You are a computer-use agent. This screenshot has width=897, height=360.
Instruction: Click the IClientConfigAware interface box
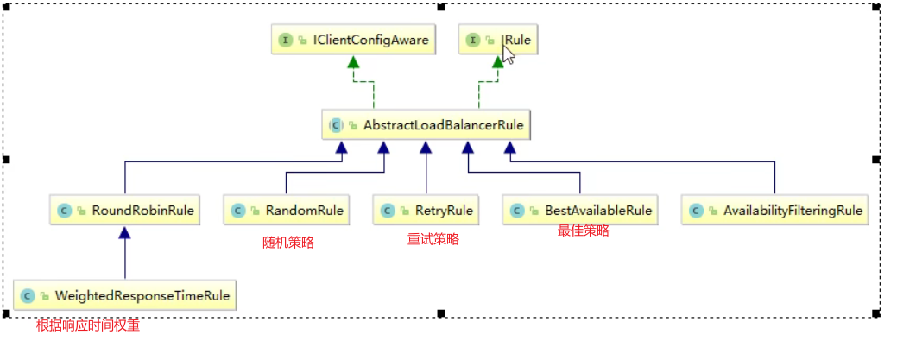click(x=352, y=40)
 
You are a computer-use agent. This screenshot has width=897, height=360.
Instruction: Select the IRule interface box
click(x=499, y=40)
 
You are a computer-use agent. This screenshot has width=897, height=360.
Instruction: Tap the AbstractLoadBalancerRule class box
click(x=426, y=125)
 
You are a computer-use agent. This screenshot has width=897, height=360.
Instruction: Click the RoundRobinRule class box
click(x=125, y=210)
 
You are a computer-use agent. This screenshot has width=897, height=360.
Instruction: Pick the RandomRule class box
click(x=287, y=210)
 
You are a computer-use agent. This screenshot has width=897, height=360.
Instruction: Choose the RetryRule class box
click(x=426, y=210)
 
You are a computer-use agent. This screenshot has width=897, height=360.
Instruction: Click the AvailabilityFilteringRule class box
click(x=774, y=210)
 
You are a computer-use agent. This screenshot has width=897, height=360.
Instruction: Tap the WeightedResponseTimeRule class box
click(x=125, y=295)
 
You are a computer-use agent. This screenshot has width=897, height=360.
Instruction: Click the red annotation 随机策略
click(x=288, y=243)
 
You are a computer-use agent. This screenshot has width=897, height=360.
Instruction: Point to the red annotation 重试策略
click(x=433, y=239)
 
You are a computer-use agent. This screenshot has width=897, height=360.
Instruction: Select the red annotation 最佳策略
click(x=584, y=231)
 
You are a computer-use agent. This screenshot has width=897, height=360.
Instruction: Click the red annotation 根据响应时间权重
click(x=88, y=325)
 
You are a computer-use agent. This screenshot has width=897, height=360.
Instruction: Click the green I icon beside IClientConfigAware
click(x=285, y=40)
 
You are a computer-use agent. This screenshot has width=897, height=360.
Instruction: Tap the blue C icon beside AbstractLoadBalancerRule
click(x=337, y=125)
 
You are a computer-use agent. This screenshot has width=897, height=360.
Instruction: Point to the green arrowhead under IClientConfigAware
click(x=352, y=62)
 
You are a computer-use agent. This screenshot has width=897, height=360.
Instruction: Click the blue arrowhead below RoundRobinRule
click(x=125, y=232)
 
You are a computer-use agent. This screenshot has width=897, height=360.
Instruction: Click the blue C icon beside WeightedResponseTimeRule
click(x=28, y=295)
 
